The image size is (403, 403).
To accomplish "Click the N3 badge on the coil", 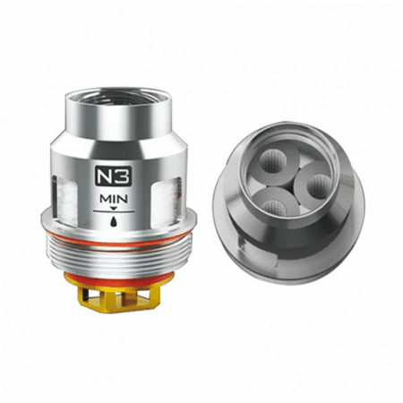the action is point(113,176).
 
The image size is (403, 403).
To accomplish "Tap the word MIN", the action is point(114,199).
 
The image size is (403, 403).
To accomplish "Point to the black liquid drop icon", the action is point(114,221).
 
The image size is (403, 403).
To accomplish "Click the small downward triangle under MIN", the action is point(114,208).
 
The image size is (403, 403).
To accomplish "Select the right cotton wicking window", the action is point(167,199).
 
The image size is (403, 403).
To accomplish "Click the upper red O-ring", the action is point(118,241).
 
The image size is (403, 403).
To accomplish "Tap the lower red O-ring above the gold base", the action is point(119,280).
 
